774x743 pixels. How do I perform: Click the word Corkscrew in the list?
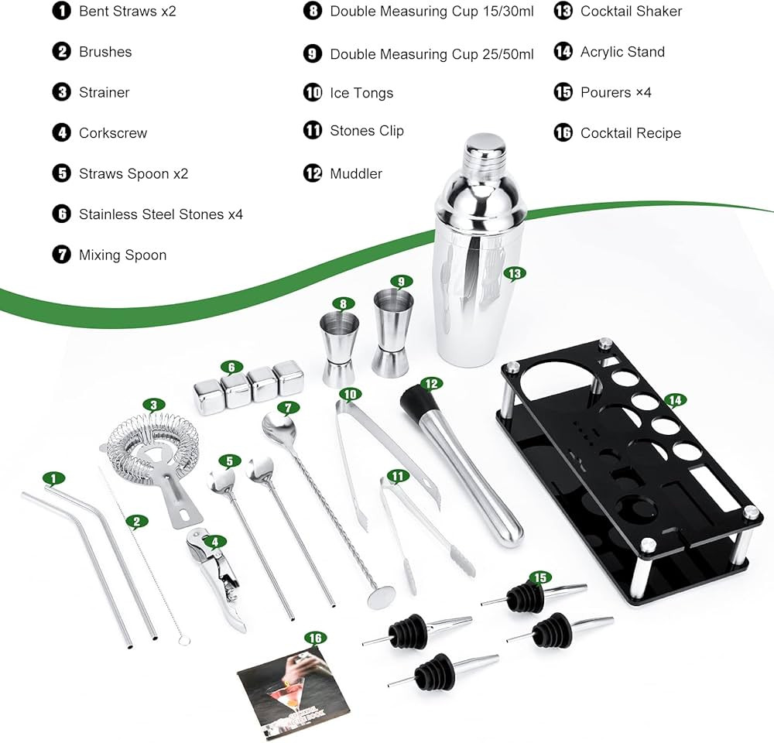point(113,133)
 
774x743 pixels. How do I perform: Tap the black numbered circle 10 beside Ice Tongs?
point(313,92)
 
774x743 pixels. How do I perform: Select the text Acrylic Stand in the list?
point(622,52)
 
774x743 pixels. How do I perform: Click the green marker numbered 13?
point(515,274)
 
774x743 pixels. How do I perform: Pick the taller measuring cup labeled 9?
point(392,333)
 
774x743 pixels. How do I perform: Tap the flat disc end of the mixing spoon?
point(381,597)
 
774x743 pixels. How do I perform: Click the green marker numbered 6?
point(231,368)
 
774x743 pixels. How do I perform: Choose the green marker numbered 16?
point(316,639)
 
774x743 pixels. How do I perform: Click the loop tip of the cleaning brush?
point(184,640)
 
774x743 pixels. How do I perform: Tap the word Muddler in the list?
point(356,174)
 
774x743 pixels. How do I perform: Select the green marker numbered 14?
point(675,400)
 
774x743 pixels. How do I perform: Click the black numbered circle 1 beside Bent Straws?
point(62,11)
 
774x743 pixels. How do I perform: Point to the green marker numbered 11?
point(398,477)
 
